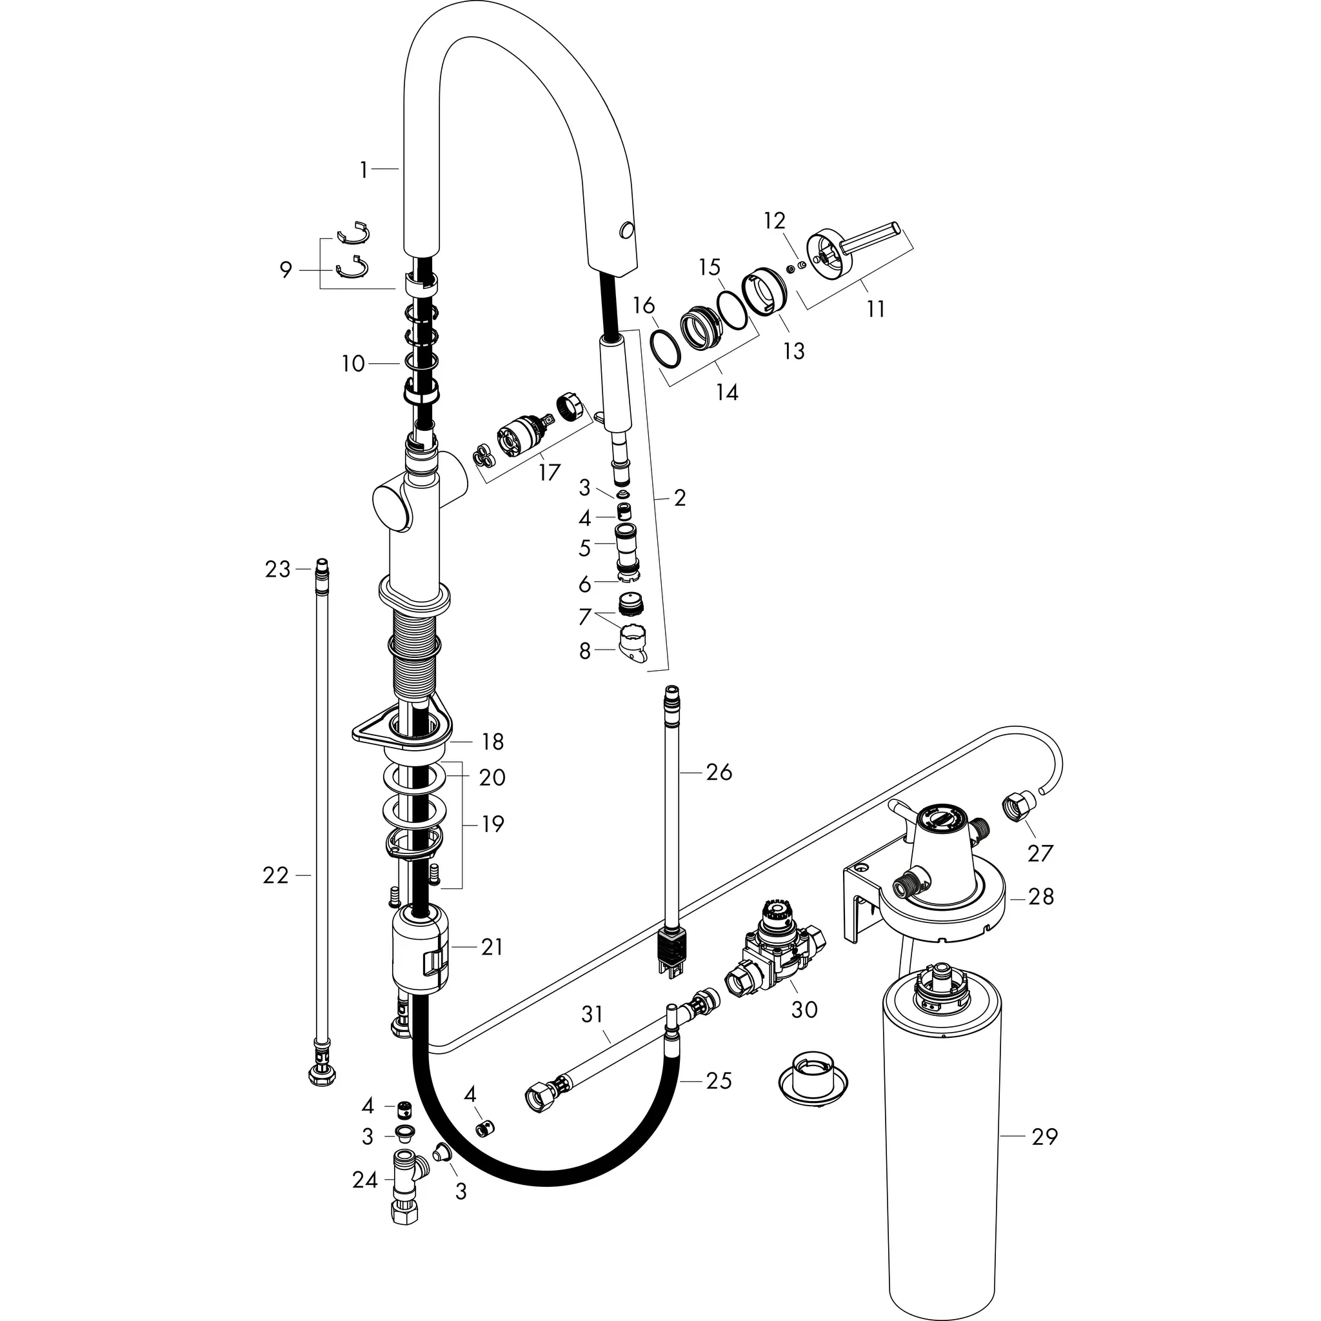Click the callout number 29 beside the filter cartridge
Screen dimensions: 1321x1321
tap(1044, 1137)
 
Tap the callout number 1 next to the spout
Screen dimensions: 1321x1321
tap(364, 170)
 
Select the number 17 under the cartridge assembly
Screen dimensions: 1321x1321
tap(549, 472)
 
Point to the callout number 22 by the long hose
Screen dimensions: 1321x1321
tap(275, 875)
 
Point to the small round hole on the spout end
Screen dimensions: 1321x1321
tap(625, 230)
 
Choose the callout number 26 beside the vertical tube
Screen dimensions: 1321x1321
tap(719, 772)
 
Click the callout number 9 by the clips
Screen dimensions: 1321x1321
tap(286, 270)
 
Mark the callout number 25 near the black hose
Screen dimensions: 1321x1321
tap(719, 1080)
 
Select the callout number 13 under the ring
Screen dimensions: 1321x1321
tap(794, 352)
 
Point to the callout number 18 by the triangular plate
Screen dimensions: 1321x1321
tap(492, 741)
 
